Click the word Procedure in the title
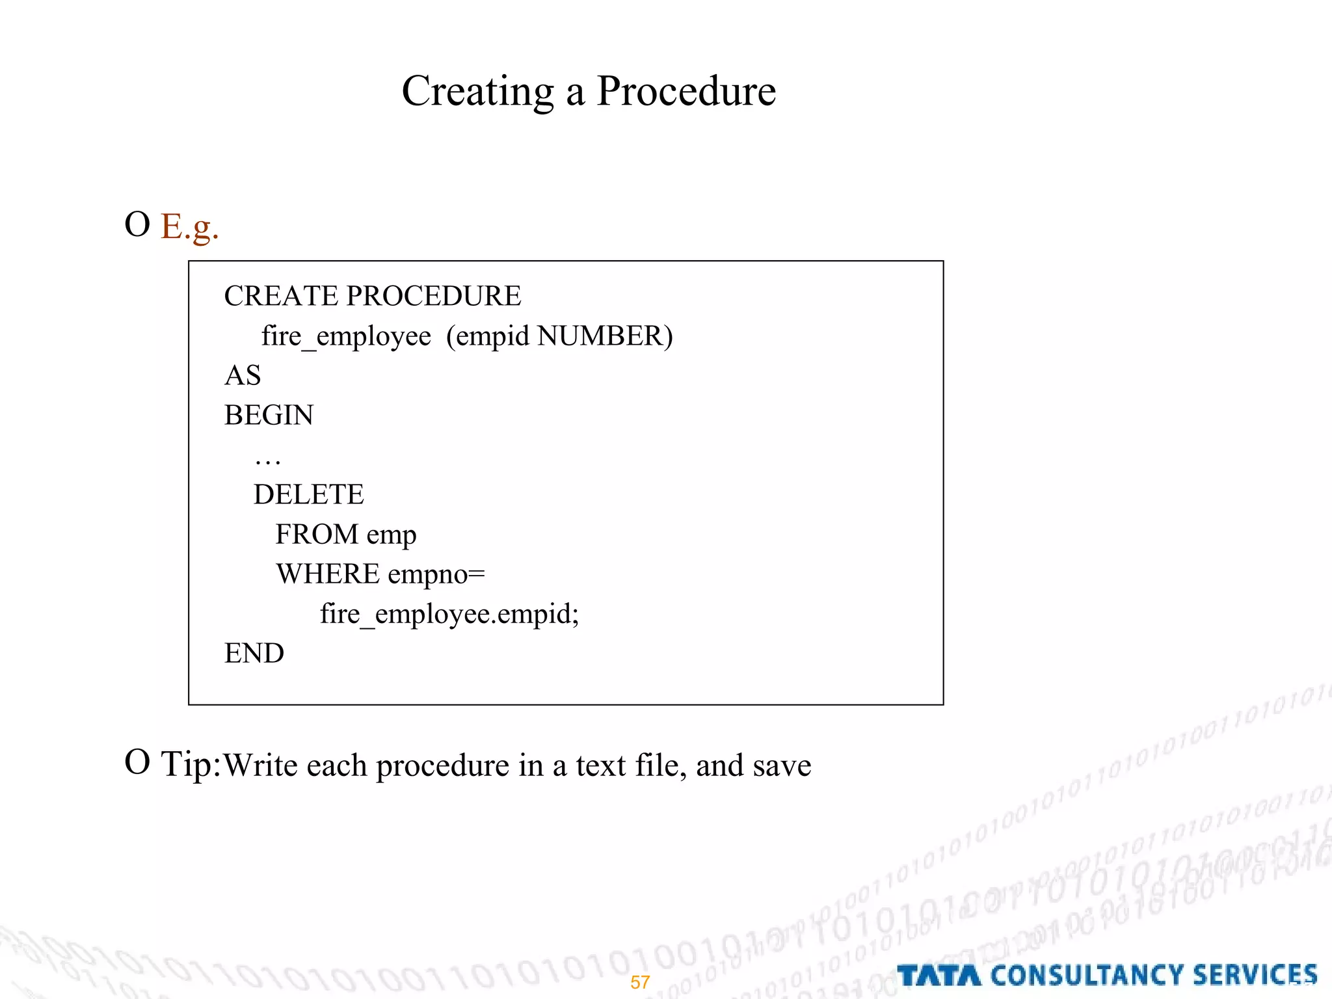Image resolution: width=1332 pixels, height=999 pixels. pos(686,91)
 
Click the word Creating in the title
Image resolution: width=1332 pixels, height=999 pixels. pos(477,91)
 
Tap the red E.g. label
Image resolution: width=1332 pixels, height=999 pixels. pos(189,227)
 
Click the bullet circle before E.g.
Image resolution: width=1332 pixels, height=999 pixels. pos(137,224)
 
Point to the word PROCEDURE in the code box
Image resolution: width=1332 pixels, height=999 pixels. pos(433,296)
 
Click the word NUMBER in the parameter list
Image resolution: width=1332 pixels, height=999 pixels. pos(600,336)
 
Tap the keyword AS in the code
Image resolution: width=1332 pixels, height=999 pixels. pos(243,375)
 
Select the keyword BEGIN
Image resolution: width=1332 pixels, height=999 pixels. pos(269,415)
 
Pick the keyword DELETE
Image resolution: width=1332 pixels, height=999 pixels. pos(308,494)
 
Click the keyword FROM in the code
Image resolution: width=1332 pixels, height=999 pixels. pos(317,534)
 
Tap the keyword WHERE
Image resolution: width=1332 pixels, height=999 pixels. pos(328,574)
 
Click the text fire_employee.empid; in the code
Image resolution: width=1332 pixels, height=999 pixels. pos(449,614)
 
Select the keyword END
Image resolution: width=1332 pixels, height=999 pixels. pos(254,653)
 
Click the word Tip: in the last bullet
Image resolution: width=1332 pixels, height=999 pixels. pos(191,764)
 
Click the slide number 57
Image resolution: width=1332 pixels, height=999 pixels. pos(640,982)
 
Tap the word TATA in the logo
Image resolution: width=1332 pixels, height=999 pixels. pos(939,976)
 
